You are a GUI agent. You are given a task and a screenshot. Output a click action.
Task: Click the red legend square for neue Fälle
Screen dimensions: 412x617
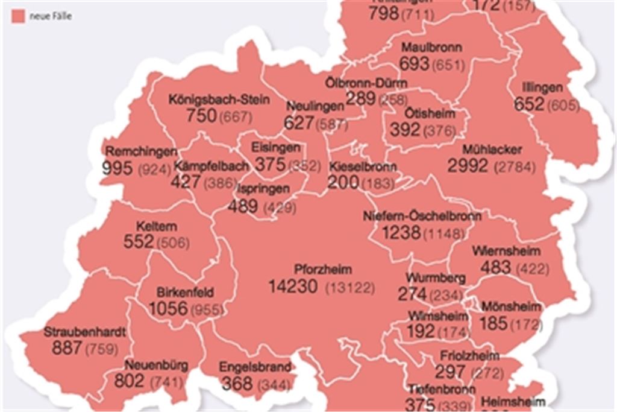pos(18,16)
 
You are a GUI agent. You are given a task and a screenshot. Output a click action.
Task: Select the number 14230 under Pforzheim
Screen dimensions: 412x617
pos(293,287)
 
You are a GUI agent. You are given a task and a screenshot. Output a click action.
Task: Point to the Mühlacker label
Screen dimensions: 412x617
pos(492,150)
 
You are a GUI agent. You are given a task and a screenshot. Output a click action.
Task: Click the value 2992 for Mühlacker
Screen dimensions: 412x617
pos(468,166)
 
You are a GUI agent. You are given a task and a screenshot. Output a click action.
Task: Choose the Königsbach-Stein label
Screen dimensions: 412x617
pos(219,99)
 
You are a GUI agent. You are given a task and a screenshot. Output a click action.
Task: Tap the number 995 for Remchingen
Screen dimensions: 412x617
pos(117,168)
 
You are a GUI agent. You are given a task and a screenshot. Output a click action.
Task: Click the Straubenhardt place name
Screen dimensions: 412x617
pos(84,332)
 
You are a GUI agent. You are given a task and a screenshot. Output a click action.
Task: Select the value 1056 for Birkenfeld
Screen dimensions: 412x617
pos(168,309)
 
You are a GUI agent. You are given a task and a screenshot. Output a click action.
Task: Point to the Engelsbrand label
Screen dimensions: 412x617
pos(255,367)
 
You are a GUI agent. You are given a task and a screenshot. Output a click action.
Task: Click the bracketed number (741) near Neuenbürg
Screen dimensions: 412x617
pos(166,382)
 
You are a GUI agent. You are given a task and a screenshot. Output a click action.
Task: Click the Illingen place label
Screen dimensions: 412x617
pos(542,88)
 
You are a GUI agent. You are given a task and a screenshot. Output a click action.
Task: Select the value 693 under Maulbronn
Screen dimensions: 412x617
pos(415,63)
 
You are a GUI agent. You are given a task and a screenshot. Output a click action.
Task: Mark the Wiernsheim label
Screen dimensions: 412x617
pos(506,250)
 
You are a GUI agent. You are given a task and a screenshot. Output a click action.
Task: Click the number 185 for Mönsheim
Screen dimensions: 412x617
pos(493,324)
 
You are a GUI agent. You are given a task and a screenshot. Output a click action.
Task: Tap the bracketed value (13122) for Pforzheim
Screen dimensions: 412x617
pos(349,288)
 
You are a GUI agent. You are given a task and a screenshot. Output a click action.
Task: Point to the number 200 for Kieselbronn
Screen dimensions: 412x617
pos(343,182)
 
